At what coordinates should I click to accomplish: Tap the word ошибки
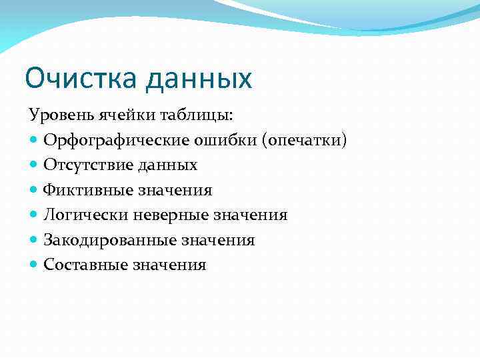coord(220,141)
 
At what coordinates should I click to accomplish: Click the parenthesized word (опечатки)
coord(305,141)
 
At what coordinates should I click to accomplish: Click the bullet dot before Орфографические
coord(34,141)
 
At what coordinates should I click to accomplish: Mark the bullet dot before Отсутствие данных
coord(34,165)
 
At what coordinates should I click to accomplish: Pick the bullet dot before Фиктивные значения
coord(34,190)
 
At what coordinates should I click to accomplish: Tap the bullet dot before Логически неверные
coord(34,215)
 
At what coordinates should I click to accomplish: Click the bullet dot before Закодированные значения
coord(34,240)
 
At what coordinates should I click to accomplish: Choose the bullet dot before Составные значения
coord(34,265)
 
